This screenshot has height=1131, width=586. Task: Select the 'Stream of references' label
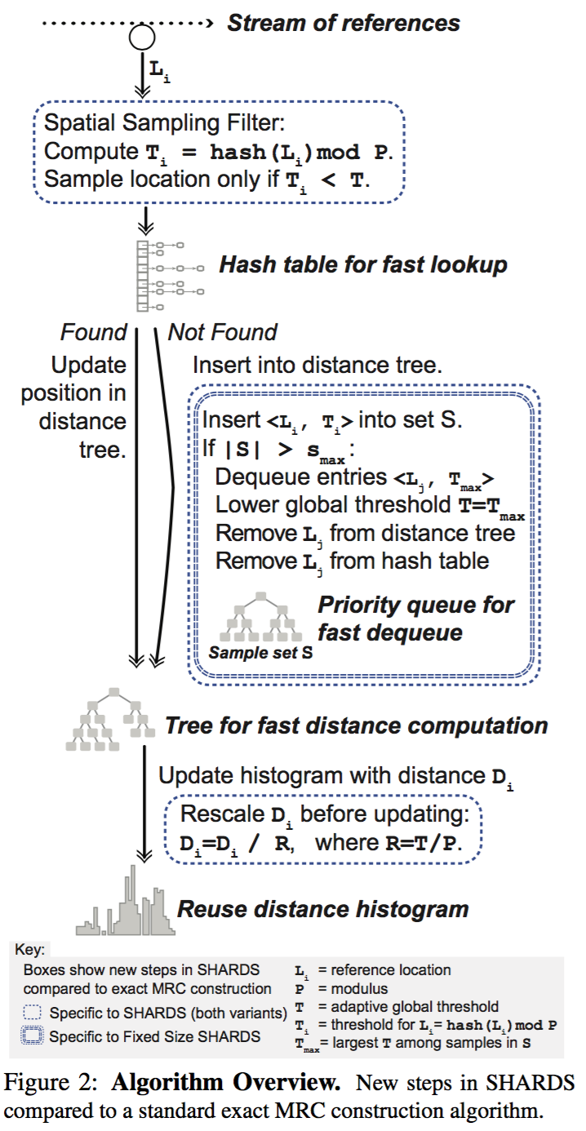(x=344, y=23)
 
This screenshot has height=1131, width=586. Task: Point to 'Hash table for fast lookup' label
(x=363, y=264)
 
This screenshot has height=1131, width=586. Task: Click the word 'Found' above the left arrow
(x=94, y=332)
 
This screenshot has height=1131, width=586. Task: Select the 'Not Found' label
(x=222, y=332)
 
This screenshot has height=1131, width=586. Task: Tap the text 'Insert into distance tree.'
(x=317, y=365)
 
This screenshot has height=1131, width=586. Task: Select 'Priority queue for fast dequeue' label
(x=415, y=618)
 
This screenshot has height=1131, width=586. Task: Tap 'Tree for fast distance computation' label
(x=356, y=725)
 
